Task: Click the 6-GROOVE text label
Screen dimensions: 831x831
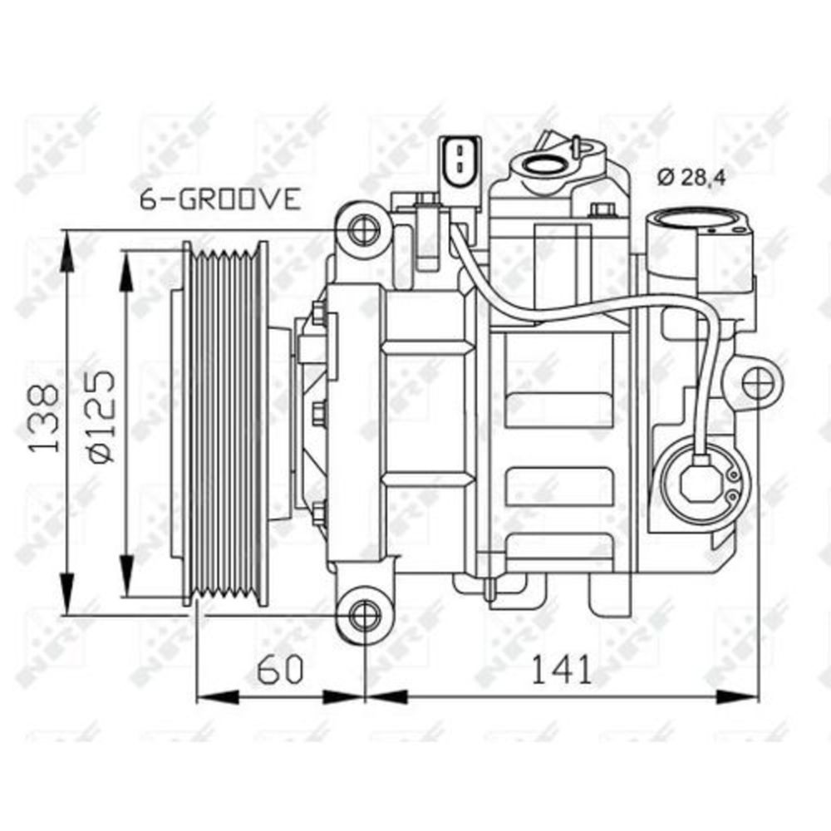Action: pyautogui.click(x=219, y=199)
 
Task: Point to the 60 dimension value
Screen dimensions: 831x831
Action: pyautogui.click(x=280, y=669)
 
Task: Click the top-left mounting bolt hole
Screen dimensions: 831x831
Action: pyautogui.click(x=362, y=229)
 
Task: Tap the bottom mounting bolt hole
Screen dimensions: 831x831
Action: pyautogui.click(x=362, y=615)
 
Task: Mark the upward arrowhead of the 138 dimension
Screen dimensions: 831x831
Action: pyautogui.click(x=67, y=246)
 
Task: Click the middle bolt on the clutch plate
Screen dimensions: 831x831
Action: pyautogui.click(x=318, y=413)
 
